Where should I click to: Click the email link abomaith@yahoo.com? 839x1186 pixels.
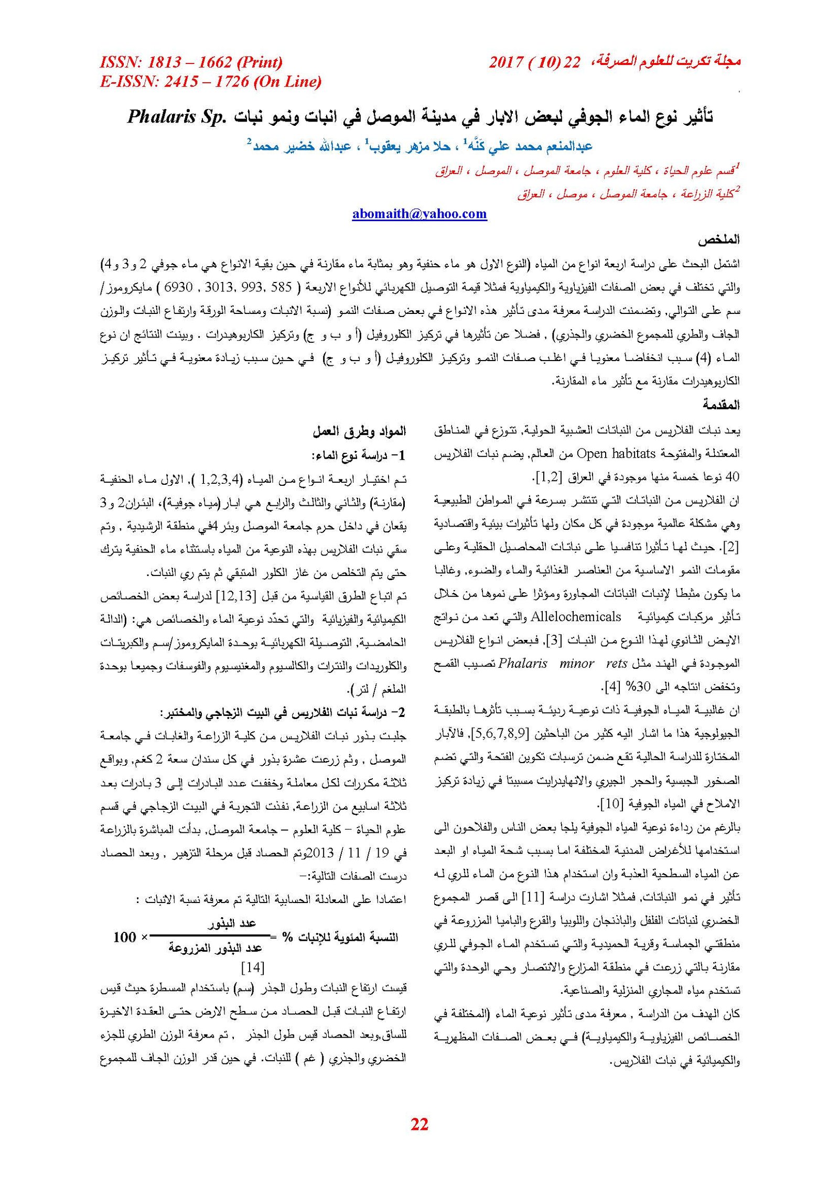pyautogui.click(x=419, y=214)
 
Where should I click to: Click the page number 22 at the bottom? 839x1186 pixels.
pyautogui.click(x=419, y=1124)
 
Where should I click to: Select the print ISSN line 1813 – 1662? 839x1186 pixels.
pyautogui.click(x=191, y=62)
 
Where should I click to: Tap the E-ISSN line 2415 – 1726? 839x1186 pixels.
pyautogui.click(x=210, y=82)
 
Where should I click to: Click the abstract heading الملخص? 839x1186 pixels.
pyautogui.click(x=718, y=240)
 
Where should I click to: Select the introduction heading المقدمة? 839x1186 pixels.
pyautogui.click(x=721, y=405)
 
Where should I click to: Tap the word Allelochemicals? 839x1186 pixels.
pyautogui.click(x=576, y=617)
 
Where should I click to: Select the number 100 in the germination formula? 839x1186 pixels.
pyautogui.click(x=124, y=937)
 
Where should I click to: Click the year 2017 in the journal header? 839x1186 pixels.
pyautogui.click(x=506, y=62)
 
